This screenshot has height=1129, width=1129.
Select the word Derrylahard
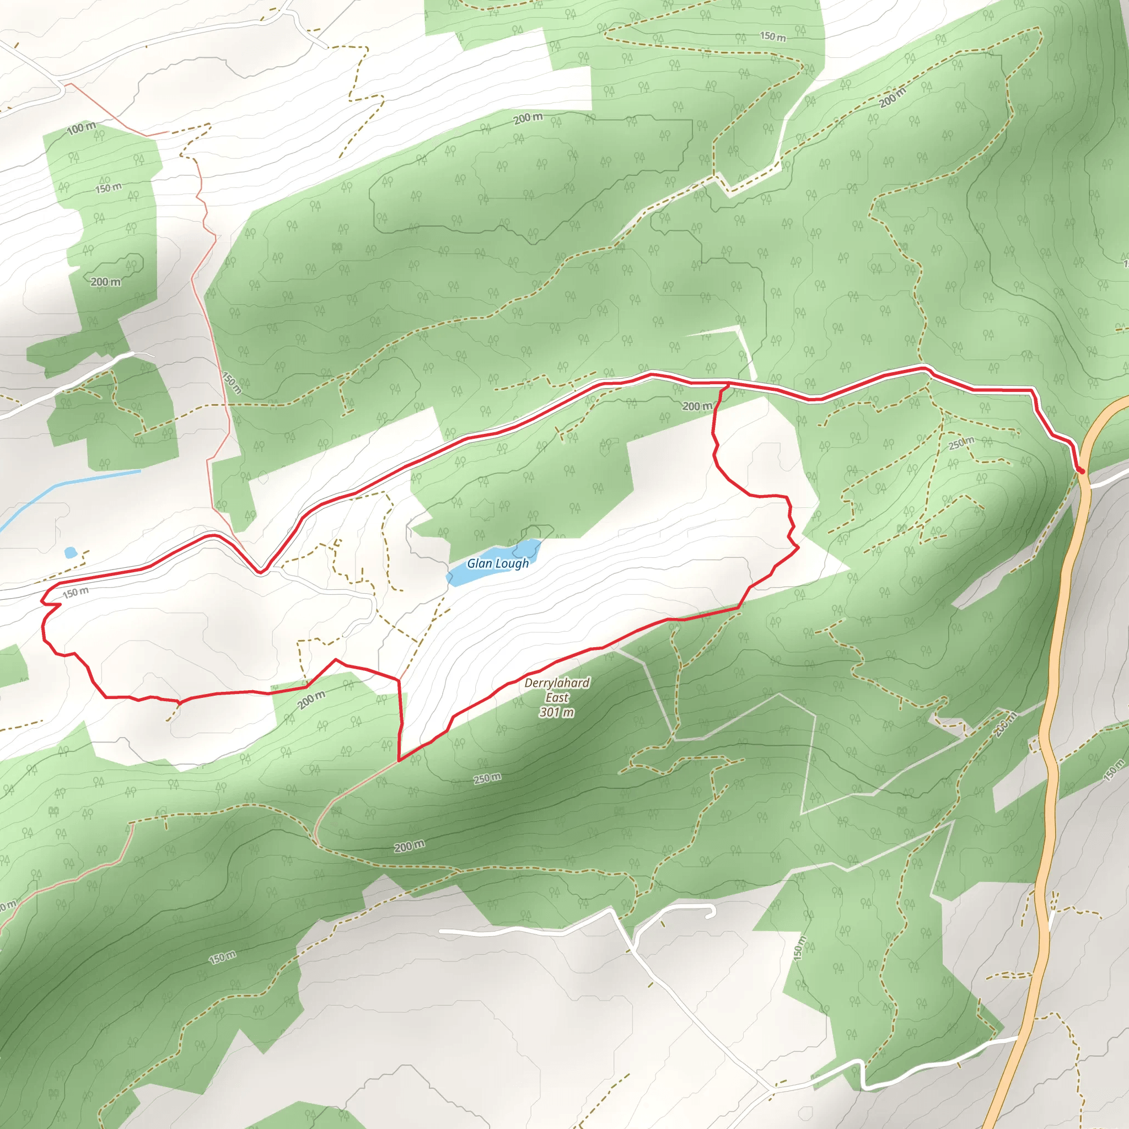click(556, 682)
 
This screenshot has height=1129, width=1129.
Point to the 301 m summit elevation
click(556, 712)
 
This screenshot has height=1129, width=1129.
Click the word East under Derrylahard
click(556, 698)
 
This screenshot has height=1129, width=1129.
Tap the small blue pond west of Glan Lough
click(71, 552)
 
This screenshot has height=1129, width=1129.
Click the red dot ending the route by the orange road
click(1082, 470)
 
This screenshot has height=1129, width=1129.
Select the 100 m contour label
click(81, 128)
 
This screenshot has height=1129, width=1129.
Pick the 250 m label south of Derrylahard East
click(487, 778)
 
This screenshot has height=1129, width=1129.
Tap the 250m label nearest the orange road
click(961, 443)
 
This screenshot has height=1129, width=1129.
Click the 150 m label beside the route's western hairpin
click(76, 593)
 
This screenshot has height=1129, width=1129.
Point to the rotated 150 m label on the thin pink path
click(232, 382)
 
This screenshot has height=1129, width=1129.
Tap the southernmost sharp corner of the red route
click(399, 761)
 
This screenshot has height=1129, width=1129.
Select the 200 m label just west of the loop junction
click(697, 406)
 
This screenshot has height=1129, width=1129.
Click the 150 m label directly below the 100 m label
click(108, 188)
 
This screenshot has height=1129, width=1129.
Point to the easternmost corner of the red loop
click(798, 547)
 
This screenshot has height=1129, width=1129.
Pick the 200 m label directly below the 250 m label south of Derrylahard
click(409, 846)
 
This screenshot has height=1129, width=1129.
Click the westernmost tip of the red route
click(41, 601)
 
